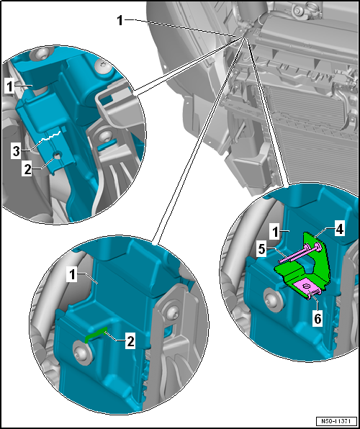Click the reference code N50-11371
pos(337,420)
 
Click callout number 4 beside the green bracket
pos(339,230)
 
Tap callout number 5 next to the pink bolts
pos(261,250)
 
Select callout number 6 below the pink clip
pos(318,319)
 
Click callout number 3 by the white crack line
pos(17,151)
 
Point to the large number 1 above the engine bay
pos(120,21)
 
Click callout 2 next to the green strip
pos(130,342)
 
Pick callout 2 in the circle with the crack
pos(28,169)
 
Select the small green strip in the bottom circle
pos(96,335)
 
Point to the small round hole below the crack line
pos(57,157)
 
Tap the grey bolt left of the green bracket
pos(273,298)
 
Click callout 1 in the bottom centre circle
pos(72,276)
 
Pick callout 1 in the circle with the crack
pos(9,87)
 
